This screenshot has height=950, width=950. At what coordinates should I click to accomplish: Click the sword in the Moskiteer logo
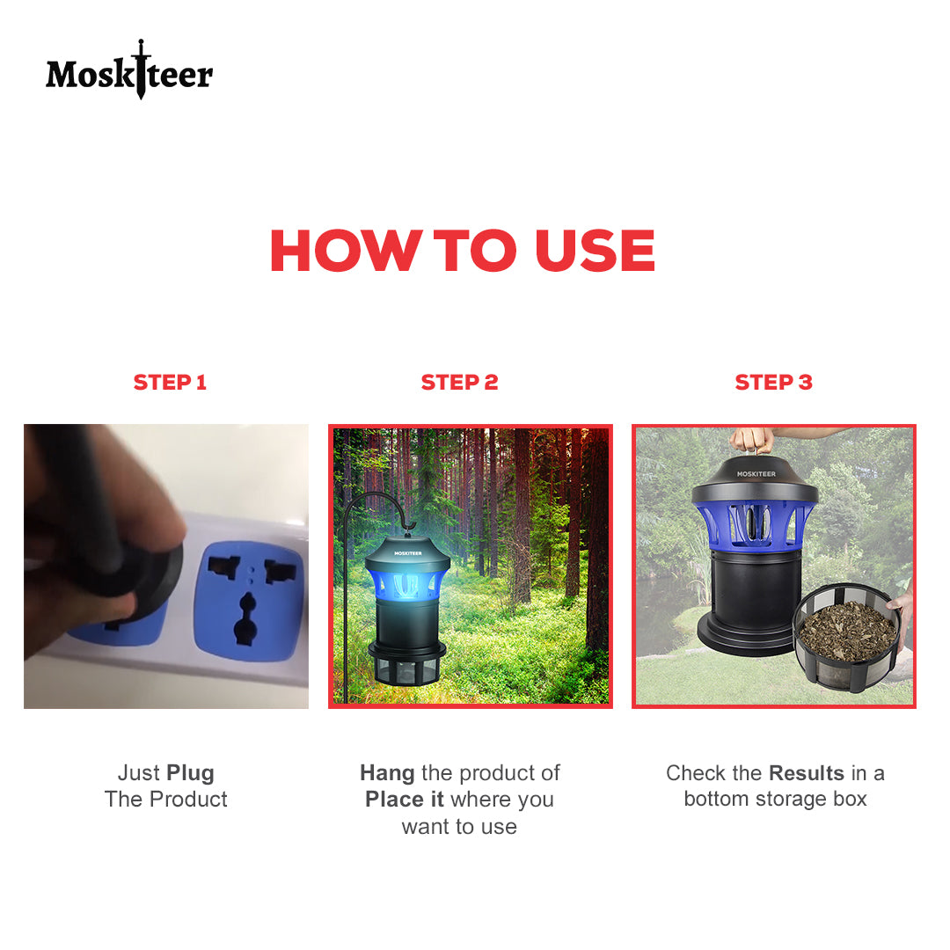[141, 69]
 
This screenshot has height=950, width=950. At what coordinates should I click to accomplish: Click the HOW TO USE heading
[463, 250]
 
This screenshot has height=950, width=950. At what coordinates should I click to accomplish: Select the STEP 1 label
[170, 383]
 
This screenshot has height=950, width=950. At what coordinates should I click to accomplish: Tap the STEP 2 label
[459, 383]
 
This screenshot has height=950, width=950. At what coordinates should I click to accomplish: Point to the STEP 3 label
[774, 383]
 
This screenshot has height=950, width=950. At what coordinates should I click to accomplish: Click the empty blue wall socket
[250, 600]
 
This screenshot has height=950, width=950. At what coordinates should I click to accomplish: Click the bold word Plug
[190, 774]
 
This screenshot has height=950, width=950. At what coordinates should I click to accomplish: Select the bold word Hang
[387, 774]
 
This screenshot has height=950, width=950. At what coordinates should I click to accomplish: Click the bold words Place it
[404, 800]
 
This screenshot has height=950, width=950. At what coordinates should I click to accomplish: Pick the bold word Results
[807, 773]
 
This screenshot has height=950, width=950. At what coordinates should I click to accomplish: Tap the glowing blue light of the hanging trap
[407, 585]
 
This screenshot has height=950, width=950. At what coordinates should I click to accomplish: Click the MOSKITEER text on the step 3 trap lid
[756, 474]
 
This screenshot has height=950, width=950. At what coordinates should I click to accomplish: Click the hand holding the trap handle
[752, 440]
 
